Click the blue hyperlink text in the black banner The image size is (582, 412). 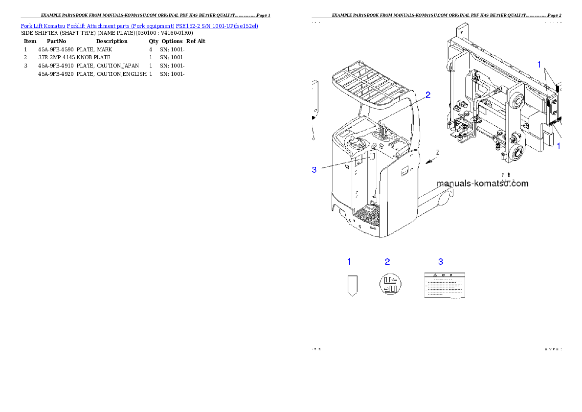139,25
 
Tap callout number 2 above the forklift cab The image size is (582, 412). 427,95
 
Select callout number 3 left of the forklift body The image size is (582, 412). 314,170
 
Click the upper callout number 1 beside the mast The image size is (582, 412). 539,64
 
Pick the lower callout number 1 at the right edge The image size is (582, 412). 559,146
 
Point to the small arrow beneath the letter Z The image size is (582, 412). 429,161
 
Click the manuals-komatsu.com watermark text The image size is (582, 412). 482,183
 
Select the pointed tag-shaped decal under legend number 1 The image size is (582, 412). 352,285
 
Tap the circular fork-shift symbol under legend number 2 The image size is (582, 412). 390,284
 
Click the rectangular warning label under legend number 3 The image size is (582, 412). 444,285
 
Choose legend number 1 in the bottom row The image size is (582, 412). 349,262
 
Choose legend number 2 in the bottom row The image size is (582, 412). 387,262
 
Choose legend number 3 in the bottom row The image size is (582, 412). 441,262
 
